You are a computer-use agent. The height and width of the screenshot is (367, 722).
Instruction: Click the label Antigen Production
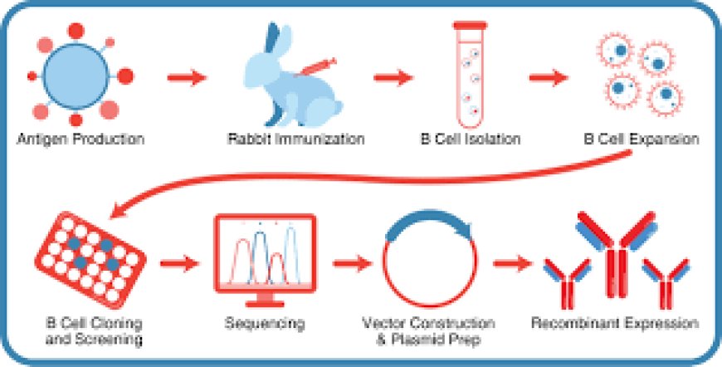coord(80,137)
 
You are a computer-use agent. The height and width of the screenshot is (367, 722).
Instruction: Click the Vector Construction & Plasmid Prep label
coord(429,330)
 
